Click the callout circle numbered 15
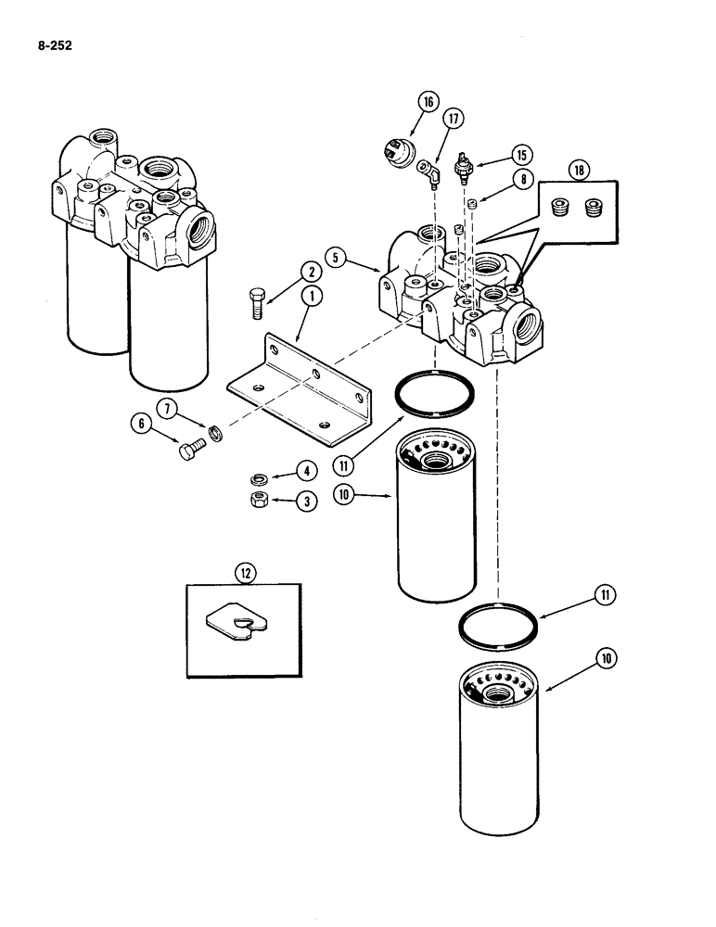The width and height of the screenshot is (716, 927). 520,154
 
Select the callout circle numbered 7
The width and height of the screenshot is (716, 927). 168,409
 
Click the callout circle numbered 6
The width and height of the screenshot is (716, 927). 142,424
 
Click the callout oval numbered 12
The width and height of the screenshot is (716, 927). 245,574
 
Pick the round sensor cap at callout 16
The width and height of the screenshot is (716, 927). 398,149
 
